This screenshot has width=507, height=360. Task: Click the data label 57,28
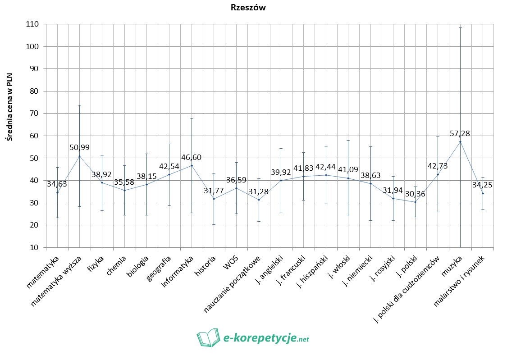[460, 133]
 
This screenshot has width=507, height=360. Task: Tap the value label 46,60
[192, 157]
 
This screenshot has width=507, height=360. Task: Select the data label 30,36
[416, 194]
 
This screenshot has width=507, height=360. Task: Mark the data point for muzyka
[460, 142]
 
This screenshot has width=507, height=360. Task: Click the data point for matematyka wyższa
[80, 156]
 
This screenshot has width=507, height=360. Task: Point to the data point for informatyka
[192, 165]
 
